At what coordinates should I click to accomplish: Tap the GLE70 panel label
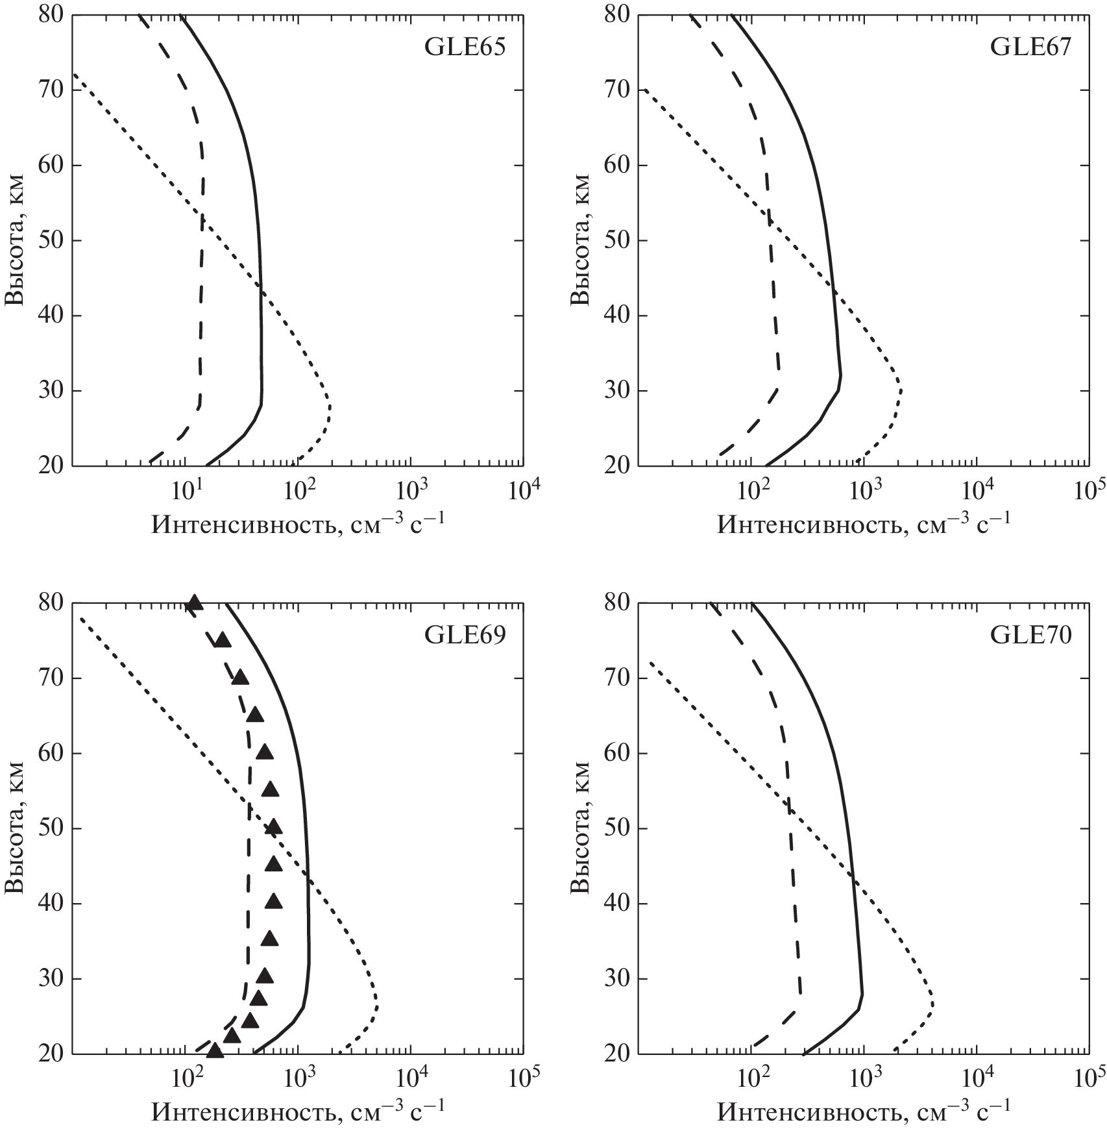(x=1030, y=636)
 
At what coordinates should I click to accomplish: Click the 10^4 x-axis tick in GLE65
(x=523, y=491)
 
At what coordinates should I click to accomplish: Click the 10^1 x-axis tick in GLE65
(x=187, y=491)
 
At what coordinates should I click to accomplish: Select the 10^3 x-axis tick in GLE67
(x=864, y=491)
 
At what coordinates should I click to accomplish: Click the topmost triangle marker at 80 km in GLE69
(x=194, y=603)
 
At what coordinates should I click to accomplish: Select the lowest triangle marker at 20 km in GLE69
(x=215, y=1050)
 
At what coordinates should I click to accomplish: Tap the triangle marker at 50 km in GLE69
(x=273, y=827)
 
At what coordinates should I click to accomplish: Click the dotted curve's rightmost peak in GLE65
(x=330, y=407)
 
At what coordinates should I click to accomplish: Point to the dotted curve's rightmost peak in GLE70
(x=932, y=1002)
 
